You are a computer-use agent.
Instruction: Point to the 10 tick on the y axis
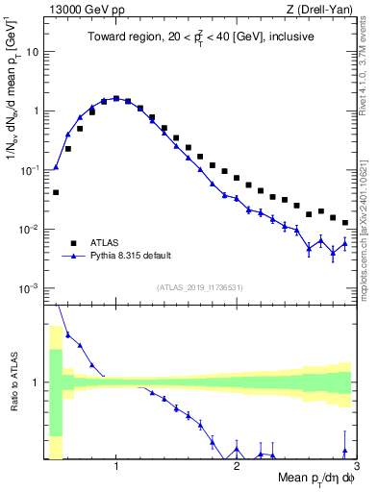point(36,51)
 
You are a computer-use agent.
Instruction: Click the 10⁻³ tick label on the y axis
point(32,288)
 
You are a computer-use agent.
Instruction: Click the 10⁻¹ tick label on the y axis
point(32,169)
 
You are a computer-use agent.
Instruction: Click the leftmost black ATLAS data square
point(56,192)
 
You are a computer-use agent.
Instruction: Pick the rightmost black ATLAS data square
point(344,222)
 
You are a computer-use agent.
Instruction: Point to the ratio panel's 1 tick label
point(38,382)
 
